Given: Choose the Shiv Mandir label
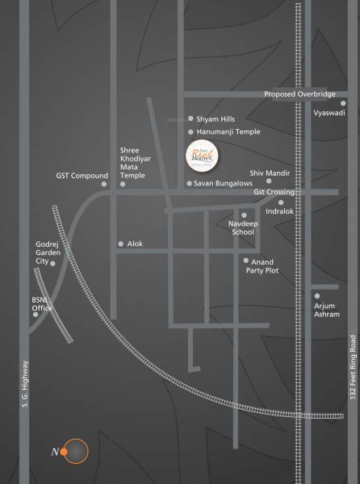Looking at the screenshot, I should pos(268,173).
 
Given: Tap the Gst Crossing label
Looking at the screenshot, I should pos(273,193).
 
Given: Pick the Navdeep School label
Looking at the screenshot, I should pos(241,227).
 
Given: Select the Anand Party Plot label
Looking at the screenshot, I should pos(262,266).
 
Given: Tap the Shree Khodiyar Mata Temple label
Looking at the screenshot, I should pos(132,162).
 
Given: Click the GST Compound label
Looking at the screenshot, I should pos(82,175).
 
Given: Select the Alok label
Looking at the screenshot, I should pos(135,244).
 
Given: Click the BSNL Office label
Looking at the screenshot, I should pos(42,303).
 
